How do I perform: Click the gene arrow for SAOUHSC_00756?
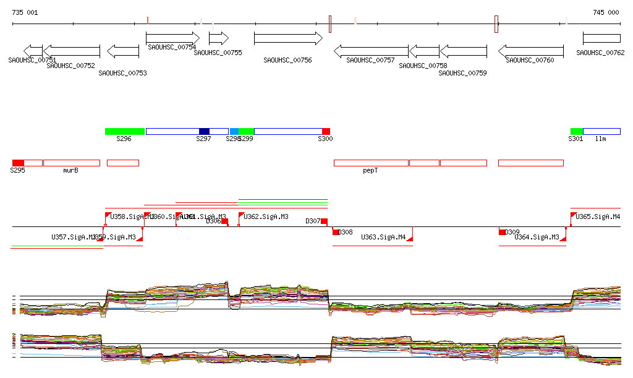point(288,38)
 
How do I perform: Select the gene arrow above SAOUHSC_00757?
point(371,51)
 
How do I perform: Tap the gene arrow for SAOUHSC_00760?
point(531,51)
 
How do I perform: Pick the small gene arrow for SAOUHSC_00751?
point(33,51)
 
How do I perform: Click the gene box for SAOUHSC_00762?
point(601,38)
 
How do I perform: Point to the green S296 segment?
point(124,131)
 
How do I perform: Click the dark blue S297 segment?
point(204,131)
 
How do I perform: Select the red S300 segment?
point(326,131)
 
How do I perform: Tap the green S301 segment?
point(576,131)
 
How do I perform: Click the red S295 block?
point(18,163)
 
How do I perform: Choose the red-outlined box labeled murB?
point(71,163)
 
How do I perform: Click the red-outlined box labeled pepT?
point(371,163)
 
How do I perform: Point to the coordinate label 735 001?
point(25,12)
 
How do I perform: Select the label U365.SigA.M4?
point(598,217)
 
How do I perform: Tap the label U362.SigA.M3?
point(266,217)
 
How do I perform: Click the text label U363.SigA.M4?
point(383,237)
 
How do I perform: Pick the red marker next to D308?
point(336,232)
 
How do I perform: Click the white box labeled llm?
point(601,131)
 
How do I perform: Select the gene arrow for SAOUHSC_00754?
point(173,38)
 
